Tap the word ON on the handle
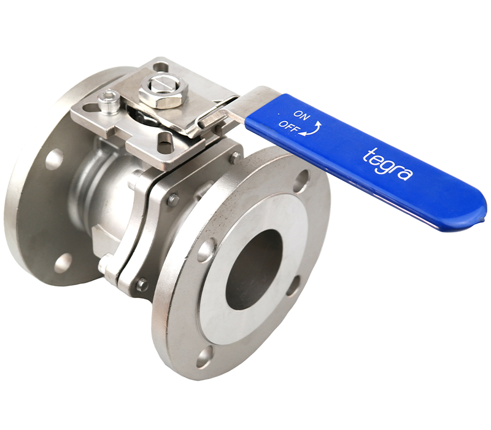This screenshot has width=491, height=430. pos(302,115)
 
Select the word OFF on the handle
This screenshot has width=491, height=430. pos(288,126)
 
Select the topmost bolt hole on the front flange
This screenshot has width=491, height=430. pos(302,179)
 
